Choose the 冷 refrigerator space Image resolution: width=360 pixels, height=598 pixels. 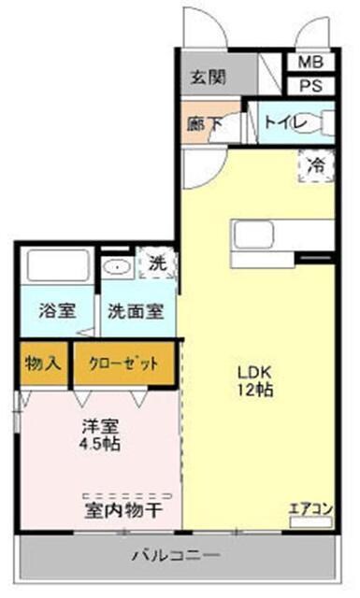point(317,165)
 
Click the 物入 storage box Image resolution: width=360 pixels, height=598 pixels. point(44,363)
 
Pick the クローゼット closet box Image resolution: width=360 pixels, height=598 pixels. point(124,363)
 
